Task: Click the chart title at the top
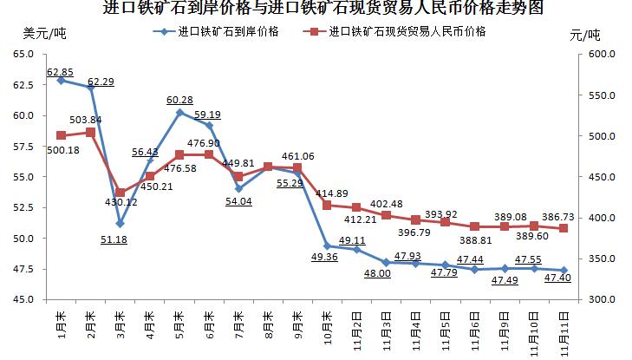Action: [x=316, y=10]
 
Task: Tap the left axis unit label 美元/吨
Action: [x=44, y=34]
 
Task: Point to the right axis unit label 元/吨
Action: [x=585, y=36]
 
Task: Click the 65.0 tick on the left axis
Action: [x=21, y=54]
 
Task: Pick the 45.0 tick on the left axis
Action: [x=21, y=300]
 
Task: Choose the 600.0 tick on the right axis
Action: [x=600, y=54]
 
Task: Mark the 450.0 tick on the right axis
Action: [x=600, y=177]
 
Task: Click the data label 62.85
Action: [x=60, y=71]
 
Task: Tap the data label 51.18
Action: [x=114, y=239]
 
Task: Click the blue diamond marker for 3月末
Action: [x=120, y=223]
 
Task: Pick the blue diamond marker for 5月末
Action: [x=179, y=112]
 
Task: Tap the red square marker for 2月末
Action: [x=90, y=132]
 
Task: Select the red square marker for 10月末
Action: [x=327, y=205]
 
